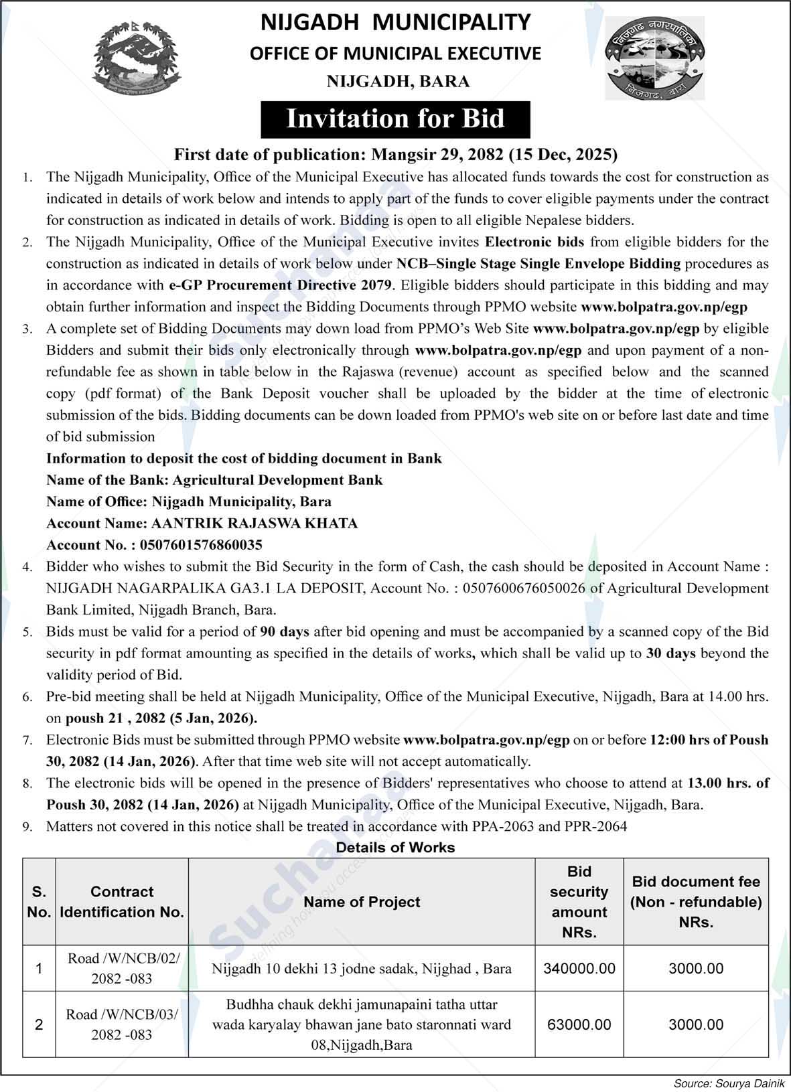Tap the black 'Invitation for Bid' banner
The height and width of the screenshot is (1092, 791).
395,119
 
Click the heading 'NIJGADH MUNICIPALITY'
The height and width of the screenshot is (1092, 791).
395,22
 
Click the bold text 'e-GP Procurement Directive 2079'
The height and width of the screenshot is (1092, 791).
279,285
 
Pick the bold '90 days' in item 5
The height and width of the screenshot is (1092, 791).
285,631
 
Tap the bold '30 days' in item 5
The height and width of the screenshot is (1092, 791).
670,653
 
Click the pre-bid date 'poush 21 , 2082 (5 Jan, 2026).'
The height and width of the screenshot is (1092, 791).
161,718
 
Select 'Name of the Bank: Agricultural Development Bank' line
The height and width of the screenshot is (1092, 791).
214,480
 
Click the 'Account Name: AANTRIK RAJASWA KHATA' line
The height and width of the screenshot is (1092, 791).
202,524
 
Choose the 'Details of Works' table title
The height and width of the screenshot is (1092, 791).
395,848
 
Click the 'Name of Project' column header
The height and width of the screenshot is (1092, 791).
362,902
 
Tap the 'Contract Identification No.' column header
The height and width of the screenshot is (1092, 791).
122,902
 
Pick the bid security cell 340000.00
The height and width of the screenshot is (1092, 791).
579,968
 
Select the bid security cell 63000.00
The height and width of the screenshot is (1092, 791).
579,1024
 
